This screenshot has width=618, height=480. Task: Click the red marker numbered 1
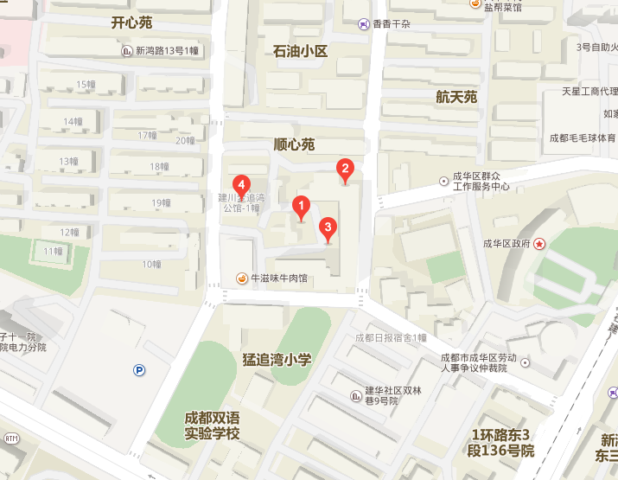[301, 207]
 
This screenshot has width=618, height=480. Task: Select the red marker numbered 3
[328, 228]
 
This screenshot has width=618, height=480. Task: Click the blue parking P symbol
[139, 371]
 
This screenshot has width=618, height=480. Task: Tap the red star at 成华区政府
[539, 244]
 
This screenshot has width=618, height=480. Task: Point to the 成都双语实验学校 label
[212, 426]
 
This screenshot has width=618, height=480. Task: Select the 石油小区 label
[301, 52]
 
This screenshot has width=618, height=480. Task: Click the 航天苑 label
[456, 97]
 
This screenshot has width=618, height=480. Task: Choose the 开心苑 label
[132, 22]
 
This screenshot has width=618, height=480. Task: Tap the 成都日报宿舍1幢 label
[391, 337]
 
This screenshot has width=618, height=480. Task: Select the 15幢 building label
[86, 84]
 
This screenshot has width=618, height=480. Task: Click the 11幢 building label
[53, 251]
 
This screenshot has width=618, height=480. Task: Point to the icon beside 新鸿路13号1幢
[127, 51]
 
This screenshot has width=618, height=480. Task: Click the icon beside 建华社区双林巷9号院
[355, 395]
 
